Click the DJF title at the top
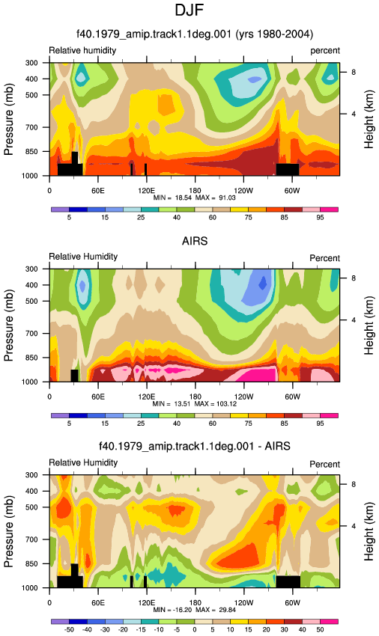189,10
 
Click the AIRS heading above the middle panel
195,242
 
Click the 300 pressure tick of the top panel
32,63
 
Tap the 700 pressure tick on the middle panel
32,334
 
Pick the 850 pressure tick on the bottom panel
32,564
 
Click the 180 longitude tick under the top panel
195,191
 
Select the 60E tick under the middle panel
98,397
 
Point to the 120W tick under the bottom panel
243,603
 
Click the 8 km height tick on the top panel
354,72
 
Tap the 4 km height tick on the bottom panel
354,526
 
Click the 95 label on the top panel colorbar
320,218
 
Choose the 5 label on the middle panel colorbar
69,424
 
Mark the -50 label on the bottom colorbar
69,629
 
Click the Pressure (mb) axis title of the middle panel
8,325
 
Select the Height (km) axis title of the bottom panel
369,531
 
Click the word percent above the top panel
325,51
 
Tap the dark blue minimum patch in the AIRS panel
263,282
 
